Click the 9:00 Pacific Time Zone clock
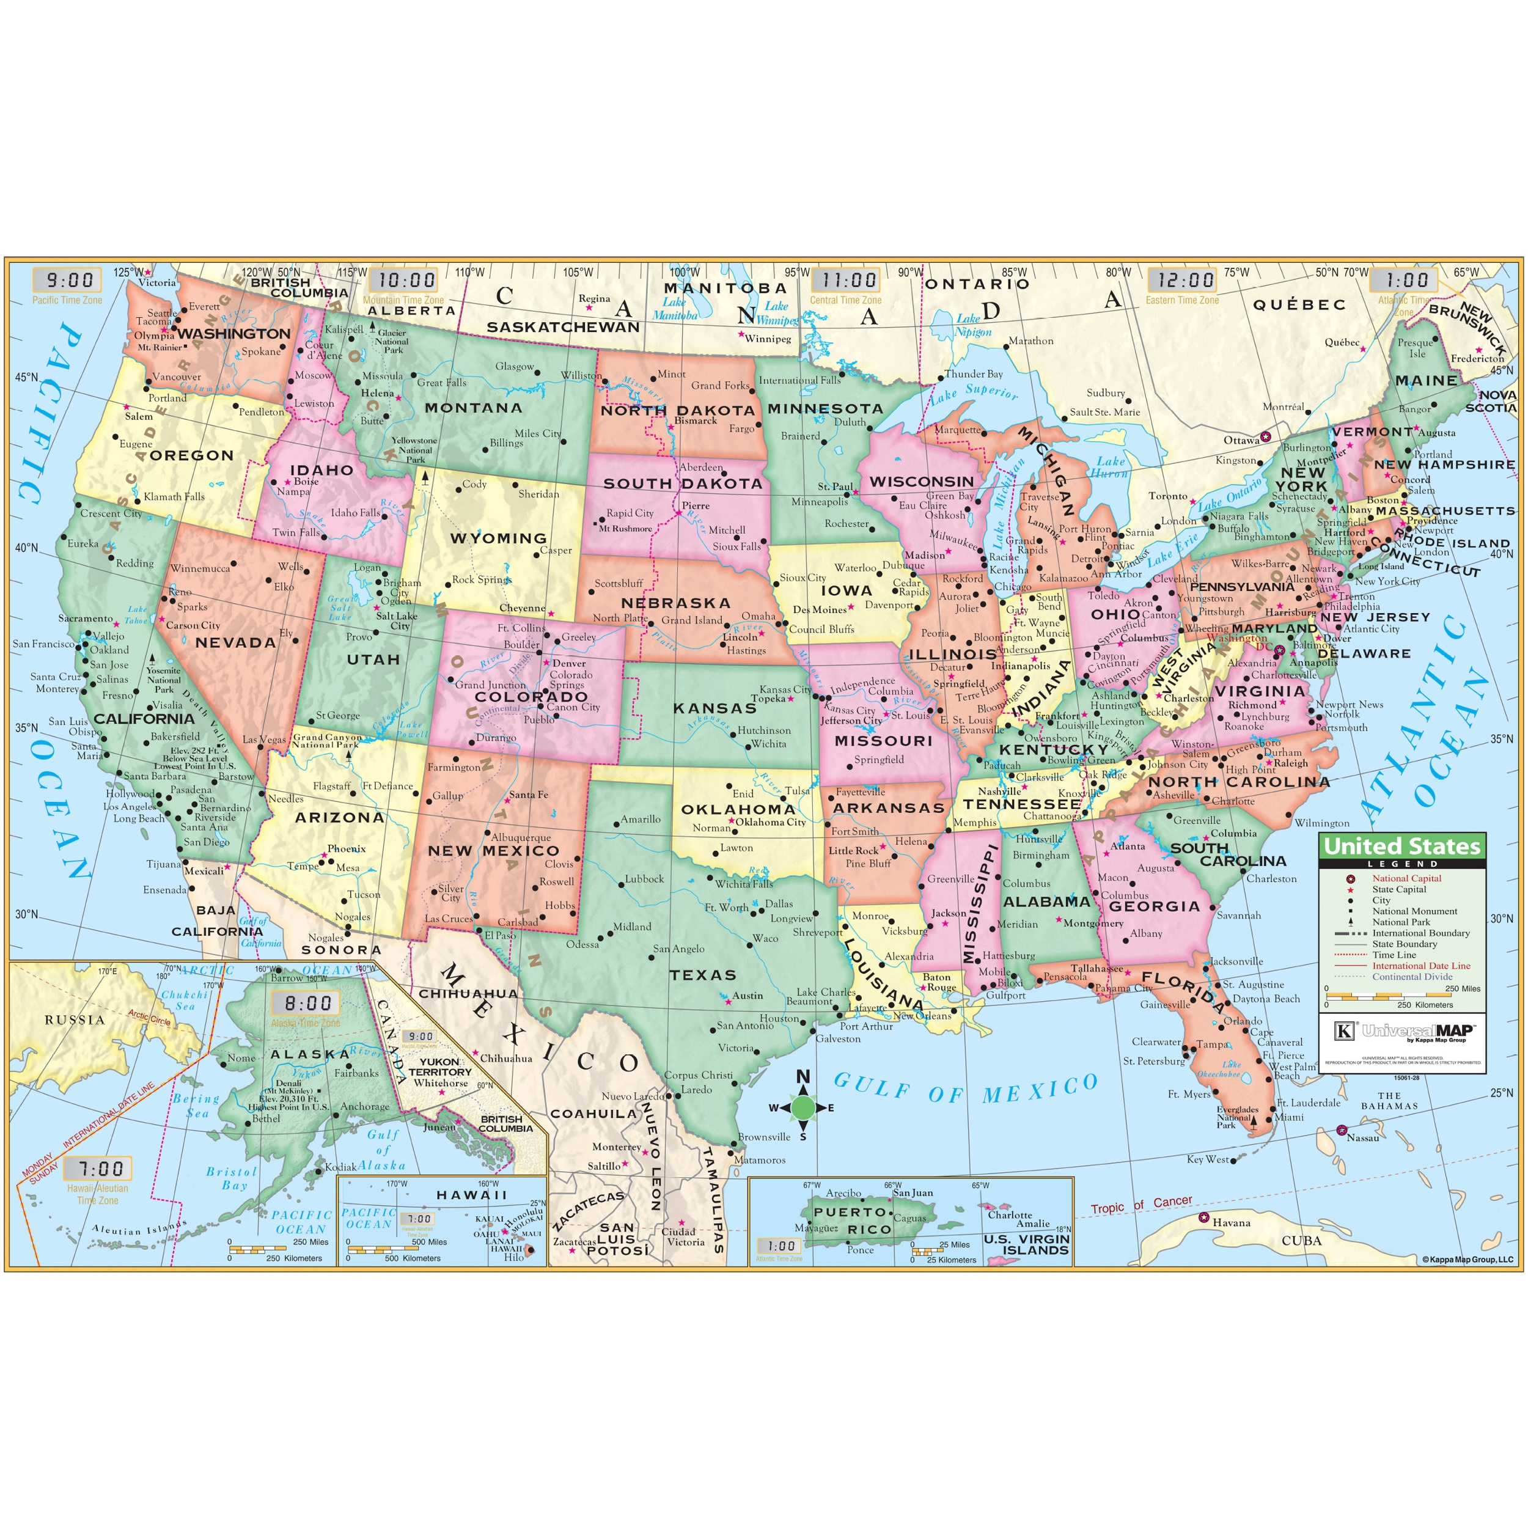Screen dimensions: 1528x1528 click(x=69, y=280)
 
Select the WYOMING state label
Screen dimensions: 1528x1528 click(x=498, y=538)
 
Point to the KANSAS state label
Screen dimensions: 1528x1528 click(x=715, y=708)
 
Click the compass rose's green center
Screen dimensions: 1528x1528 click(x=803, y=1108)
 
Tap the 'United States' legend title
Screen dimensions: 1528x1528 click(x=1401, y=847)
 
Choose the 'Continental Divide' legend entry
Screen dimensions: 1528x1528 click(x=1412, y=977)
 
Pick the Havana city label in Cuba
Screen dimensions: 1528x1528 click(x=1232, y=1223)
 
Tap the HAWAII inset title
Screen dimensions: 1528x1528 click(x=471, y=1195)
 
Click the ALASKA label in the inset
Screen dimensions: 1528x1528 click(x=309, y=1054)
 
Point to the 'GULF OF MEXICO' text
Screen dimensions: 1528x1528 click(x=966, y=1089)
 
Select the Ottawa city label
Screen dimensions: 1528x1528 click(x=1241, y=441)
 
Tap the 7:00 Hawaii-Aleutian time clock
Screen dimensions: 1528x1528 click(x=97, y=1169)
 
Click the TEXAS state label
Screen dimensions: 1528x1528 click(x=703, y=975)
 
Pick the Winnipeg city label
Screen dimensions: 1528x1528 click(x=768, y=339)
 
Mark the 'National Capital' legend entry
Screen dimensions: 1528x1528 click(x=1406, y=878)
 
